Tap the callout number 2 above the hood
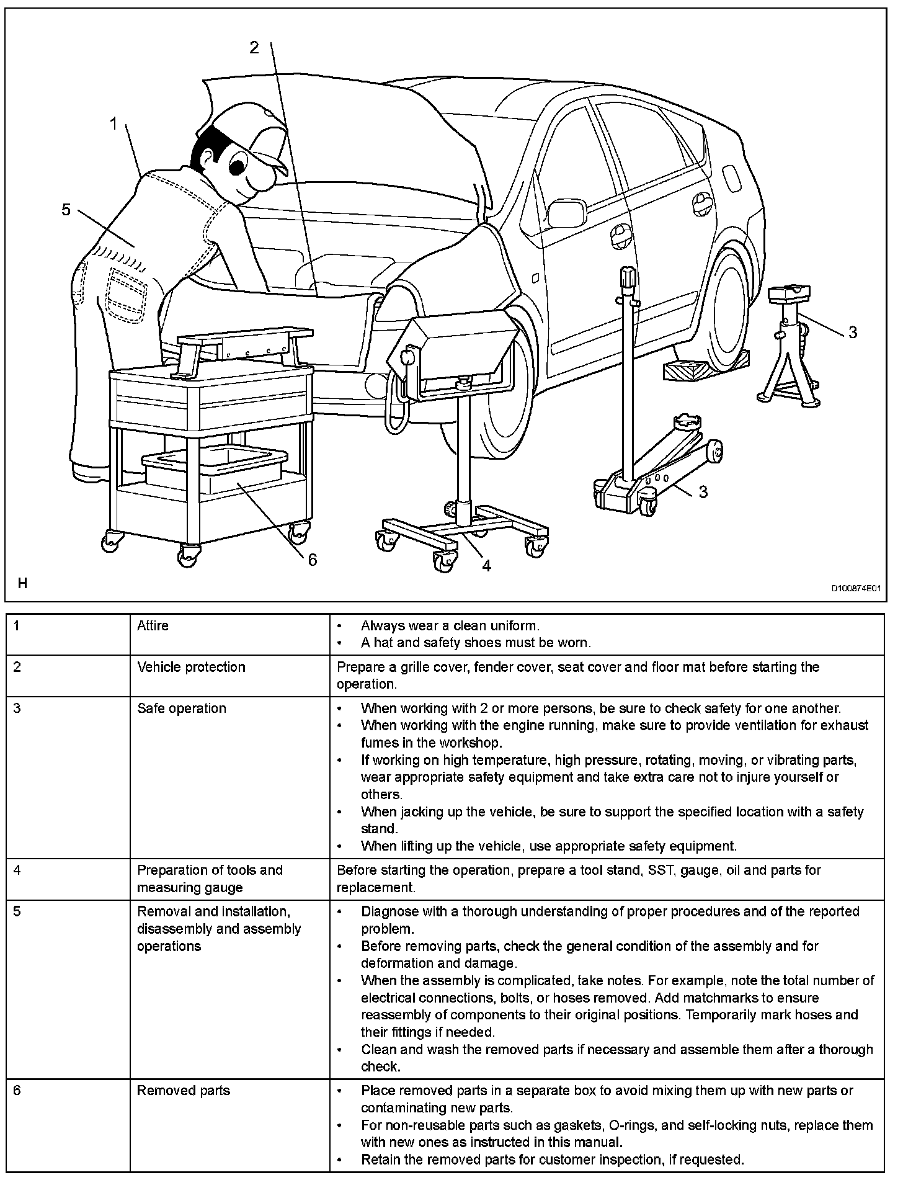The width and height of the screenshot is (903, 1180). point(254,47)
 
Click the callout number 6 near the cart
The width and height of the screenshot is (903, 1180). point(313,560)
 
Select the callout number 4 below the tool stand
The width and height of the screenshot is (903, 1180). point(486,565)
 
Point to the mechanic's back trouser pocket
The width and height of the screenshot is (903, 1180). point(127,288)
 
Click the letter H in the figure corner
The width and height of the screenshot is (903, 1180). point(22,583)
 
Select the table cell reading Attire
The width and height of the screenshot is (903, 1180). point(153,625)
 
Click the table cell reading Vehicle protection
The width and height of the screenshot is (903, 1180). point(191,667)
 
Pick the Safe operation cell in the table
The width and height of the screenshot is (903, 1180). point(182,708)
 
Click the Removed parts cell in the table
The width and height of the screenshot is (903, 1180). point(184,1090)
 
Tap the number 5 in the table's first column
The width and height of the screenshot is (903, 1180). point(17,912)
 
